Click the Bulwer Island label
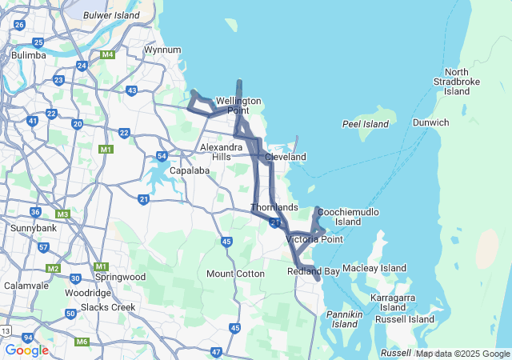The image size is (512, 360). coord(112,14)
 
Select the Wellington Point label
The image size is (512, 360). coord(238,106)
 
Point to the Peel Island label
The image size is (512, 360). coord(365,124)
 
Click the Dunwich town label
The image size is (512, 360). coord(431,122)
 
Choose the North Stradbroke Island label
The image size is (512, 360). coord(457,82)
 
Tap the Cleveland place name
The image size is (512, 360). coord(286,158)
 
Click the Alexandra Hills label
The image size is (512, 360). coord(222,152)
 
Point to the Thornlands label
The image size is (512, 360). coord(274,208)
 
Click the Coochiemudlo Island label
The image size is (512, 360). coord(349,216)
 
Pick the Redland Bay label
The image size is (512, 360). coord(314,272)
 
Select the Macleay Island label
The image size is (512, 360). coord(374,268)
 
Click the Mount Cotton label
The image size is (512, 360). coord(235,274)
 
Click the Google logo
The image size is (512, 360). coord(26,350)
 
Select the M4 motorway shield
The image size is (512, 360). coord(108,55)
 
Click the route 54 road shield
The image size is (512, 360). coord(162,156)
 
